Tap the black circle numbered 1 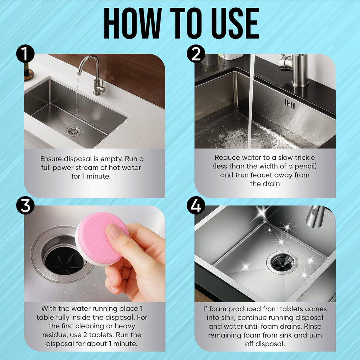coord(25,53)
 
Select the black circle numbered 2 coord(196,53)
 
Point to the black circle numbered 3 coord(25,205)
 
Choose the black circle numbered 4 coord(196,205)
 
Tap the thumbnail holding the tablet coord(114,231)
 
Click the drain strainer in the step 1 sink coord(74,131)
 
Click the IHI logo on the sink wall coord(290,104)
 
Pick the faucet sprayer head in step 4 coord(315,217)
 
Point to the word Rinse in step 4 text coord(312,326)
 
